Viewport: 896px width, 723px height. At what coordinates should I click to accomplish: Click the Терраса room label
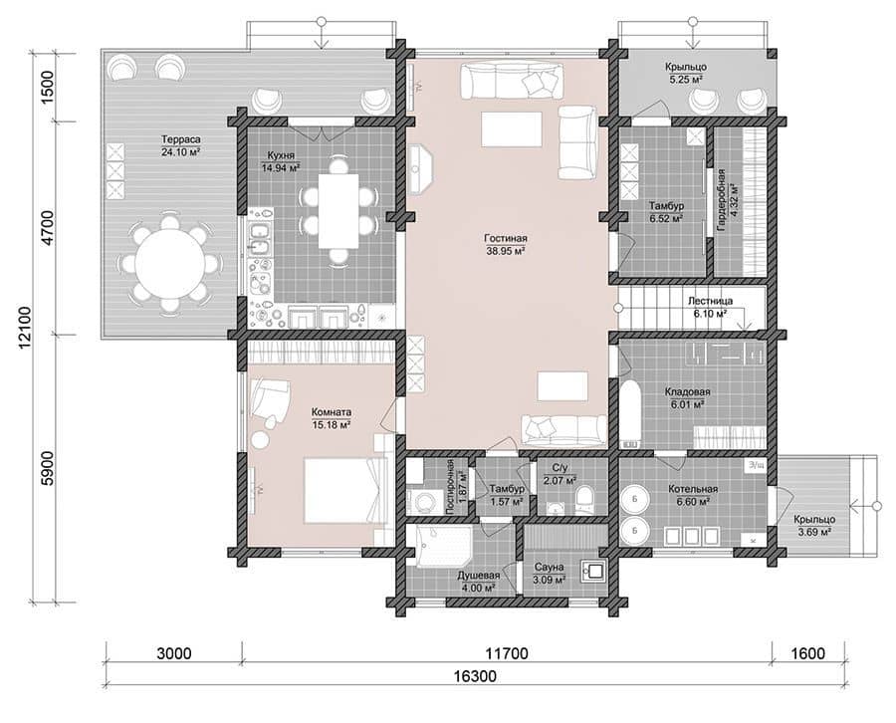180,139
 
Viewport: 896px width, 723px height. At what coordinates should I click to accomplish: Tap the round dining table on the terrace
169,264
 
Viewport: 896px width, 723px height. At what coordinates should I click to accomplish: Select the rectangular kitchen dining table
338,211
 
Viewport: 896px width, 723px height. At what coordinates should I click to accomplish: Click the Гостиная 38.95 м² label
505,244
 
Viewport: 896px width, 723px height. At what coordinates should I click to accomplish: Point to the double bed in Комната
341,489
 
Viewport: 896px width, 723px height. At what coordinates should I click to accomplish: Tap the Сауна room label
550,567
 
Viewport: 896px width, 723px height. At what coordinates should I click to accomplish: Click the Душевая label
479,576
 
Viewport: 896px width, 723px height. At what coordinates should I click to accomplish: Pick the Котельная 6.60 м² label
693,495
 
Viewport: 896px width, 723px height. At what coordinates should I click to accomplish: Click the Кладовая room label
687,392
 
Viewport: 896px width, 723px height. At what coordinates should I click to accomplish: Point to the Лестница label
710,301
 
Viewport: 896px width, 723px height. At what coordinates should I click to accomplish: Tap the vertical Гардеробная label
722,199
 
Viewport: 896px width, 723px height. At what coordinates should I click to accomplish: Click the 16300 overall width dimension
476,676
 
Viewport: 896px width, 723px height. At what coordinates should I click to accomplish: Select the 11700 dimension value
507,652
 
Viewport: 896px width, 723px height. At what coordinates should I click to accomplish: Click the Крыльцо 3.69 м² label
813,526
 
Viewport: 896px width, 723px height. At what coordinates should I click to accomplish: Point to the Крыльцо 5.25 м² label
686,73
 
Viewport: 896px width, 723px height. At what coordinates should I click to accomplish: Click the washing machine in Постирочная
423,501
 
